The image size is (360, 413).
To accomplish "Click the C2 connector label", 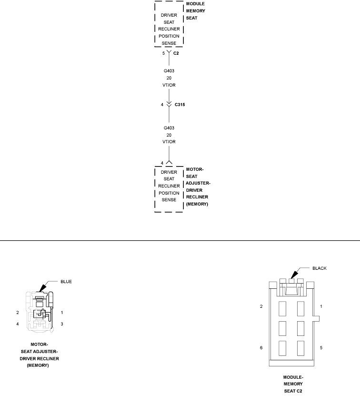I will (176, 53).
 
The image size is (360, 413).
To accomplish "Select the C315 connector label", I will (180, 104).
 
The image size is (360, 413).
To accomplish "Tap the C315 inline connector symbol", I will (169, 104).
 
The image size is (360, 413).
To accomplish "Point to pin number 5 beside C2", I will (163, 53).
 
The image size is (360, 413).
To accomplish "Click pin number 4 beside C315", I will (162, 104).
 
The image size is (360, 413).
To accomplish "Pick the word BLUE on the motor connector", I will (66, 282).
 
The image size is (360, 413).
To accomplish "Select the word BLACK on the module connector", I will (319, 268).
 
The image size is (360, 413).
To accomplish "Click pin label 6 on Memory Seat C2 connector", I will (261, 348).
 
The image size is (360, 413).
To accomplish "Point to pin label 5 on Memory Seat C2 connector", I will (321, 348).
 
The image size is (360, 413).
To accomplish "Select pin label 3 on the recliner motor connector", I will (62, 324).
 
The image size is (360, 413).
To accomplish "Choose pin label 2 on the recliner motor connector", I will (17, 313).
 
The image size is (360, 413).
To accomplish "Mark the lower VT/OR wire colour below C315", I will (169, 142).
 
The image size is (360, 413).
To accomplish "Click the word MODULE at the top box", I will (195, 4).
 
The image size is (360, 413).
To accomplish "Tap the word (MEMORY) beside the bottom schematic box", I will (197, 204).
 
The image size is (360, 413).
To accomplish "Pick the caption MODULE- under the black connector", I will (293, 377).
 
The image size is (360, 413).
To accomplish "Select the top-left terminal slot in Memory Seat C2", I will (282, 308).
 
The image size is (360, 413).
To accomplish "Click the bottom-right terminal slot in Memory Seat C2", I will (300, 347).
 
